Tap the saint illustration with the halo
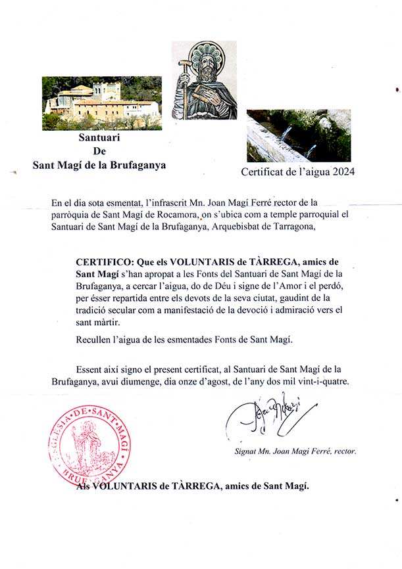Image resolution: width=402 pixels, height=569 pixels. click(x=204, y=80)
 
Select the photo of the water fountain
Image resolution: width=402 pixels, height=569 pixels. click(x=299, y=135)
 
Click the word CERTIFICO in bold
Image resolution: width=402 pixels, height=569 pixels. click(x=105, y=262)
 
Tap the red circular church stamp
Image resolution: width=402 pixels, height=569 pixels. click(x=88, y=444)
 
